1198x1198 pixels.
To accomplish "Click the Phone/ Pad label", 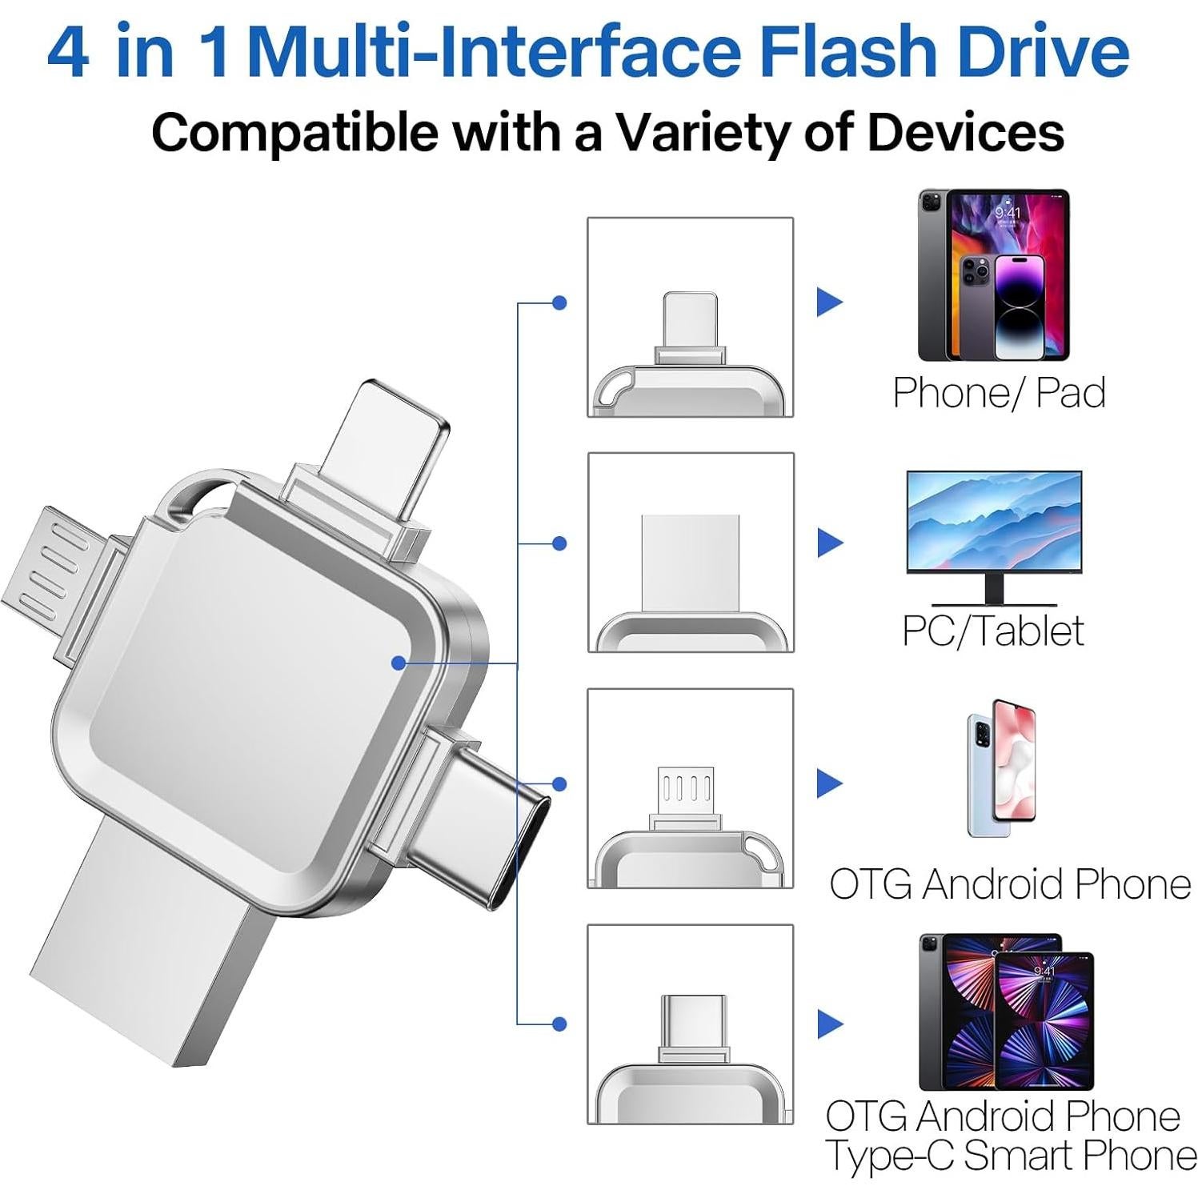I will tap(999, 393).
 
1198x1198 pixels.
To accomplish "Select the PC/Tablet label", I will tap(992, 631).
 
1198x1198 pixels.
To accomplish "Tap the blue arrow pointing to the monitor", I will tap(830, 543).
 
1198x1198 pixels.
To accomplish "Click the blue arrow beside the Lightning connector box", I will tap(829, 302).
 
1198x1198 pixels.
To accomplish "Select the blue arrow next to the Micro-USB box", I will tap(829, 783).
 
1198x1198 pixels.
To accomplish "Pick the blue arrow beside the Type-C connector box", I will tap(830, 1024).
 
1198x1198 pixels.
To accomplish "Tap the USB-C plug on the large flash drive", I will tap(472, 824).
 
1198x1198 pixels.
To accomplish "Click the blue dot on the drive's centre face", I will tap(398, 663).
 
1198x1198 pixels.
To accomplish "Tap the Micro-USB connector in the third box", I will tap(685, 792).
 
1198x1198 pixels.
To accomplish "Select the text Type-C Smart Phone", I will tap(1010, 1156).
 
